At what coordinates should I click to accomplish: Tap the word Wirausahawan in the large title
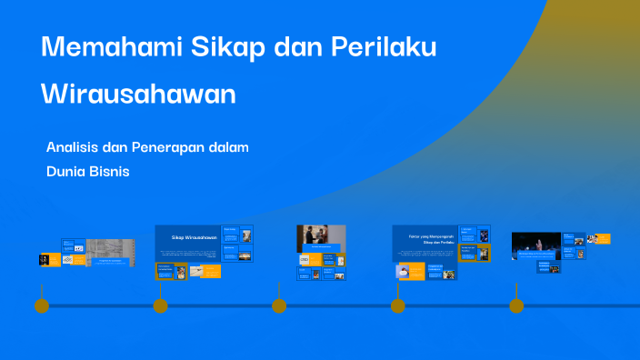(x=138, y=95)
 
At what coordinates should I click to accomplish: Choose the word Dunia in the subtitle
(x=65, y=170)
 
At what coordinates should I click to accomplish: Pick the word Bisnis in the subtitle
(x=109, y=170)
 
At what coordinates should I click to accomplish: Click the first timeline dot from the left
(x=41, y=305)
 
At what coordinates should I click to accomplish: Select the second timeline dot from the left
(x=160, y=305)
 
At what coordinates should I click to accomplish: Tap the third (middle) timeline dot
(x=279, y=305)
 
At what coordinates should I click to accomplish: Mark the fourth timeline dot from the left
(x=398, y=305)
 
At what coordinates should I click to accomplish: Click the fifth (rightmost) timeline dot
(x=516, y=305)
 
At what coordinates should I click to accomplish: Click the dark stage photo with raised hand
(x=535, y=245)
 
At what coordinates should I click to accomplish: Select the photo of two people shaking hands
(x=321, y=238)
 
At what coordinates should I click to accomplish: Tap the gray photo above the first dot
(x=110, y=247)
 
